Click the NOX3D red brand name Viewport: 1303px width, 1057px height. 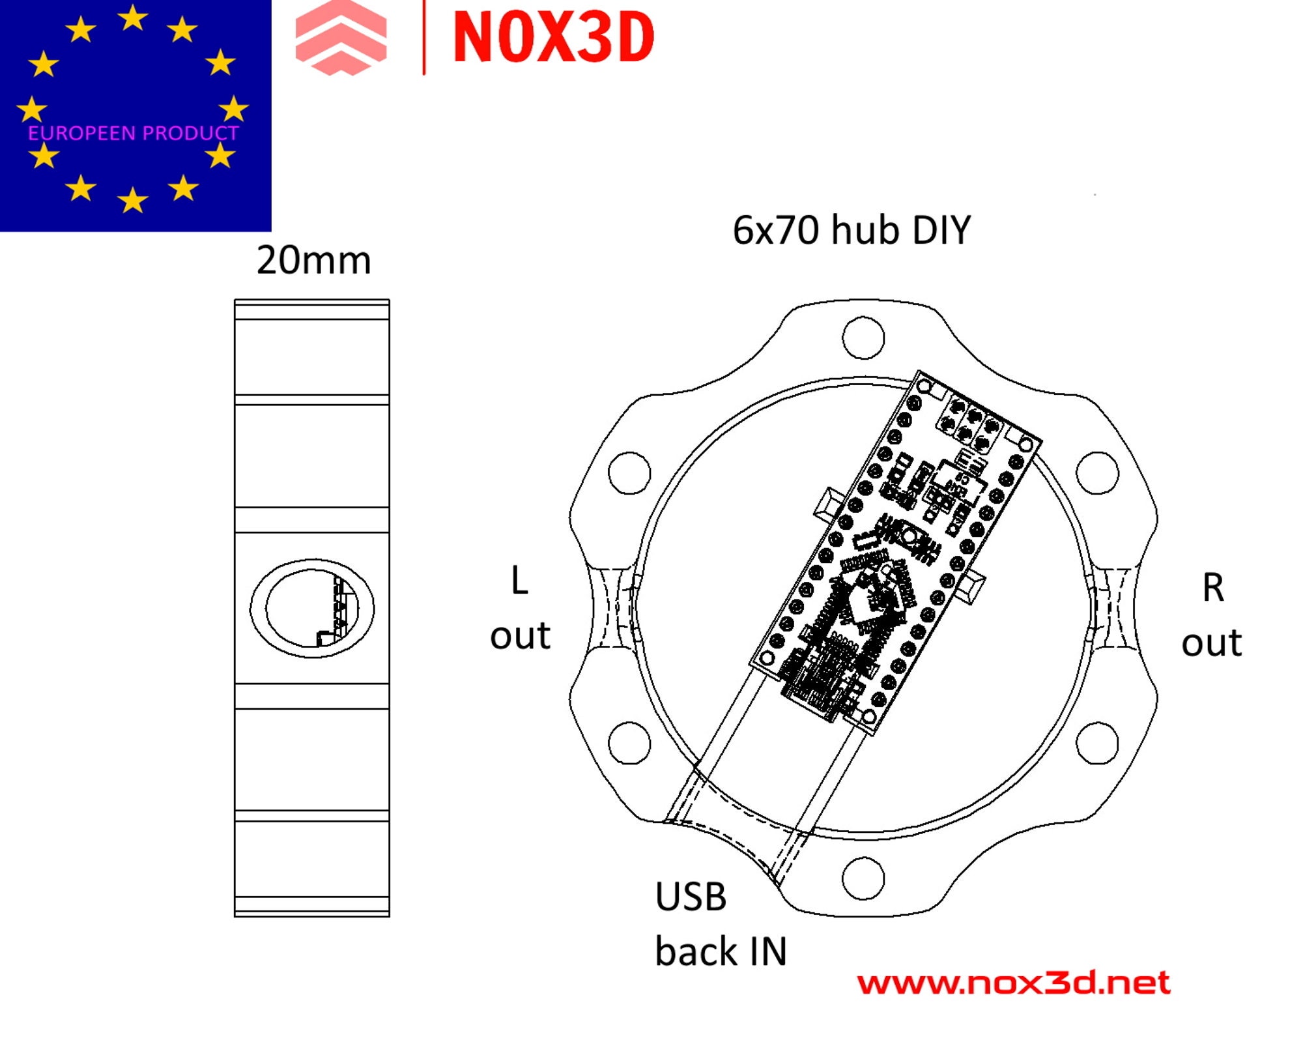(x=553, y=38)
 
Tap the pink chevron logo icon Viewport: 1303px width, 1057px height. (x=341, y=38)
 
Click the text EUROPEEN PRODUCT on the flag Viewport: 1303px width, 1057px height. (x=133, y=134)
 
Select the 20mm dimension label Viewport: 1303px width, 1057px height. (x=313, y=261)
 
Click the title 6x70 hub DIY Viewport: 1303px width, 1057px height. (x=852, y=230)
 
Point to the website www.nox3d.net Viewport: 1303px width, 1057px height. (x=1013, y=983)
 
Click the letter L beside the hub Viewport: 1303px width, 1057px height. (x=519, y=581)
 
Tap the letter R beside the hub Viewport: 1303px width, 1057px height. (x=1212, y=588)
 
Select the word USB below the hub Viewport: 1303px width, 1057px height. (x=691, y=897)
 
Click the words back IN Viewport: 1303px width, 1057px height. (x=721, y=951)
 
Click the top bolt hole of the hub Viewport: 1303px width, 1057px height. (x=863, y=338)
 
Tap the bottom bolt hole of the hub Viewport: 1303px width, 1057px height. (x=863, y=878)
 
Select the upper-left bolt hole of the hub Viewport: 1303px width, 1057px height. (x=629, y=472)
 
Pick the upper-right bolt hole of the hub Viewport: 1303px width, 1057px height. (x=1097, y=472)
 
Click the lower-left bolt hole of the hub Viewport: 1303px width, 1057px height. (x=629, y=743)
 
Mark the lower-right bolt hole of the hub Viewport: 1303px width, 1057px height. (x=1097, y=743)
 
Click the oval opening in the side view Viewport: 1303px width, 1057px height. (x=312, y=608)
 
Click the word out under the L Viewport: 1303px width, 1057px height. (x=520, y=635)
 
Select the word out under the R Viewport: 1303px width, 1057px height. (x=1212, y=643)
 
